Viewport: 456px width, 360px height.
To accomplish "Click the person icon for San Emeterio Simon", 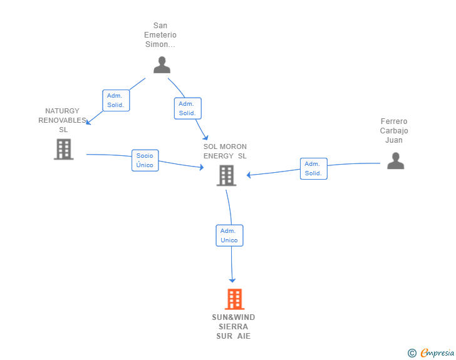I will pos(162,65).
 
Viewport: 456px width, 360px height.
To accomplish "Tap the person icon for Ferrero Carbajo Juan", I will pos(395,161).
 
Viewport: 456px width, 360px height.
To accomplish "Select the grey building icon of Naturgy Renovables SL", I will pos(63,149).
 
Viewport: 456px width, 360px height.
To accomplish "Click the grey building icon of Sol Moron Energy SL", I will pos(226,175).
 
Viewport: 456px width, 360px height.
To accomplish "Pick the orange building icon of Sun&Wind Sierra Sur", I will pos(234,299).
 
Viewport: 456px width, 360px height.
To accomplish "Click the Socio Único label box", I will pos(145,160).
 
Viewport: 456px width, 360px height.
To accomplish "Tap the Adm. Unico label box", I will pos(229,235).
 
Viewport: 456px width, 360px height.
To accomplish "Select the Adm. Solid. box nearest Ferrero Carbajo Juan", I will pos(313,168).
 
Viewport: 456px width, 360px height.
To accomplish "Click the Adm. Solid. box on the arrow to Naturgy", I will pos(116,100).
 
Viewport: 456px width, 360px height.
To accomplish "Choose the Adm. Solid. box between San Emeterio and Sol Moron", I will pos(187,108).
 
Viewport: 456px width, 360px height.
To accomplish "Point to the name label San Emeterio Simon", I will pos(160,35).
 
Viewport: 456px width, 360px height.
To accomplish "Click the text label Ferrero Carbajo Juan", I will pos(394,131).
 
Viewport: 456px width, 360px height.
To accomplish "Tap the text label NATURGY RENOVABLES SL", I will pos(63,120).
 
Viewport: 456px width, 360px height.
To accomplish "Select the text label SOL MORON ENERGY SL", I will pos(225,152).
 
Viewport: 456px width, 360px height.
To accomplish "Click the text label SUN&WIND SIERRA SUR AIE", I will pos(234,327).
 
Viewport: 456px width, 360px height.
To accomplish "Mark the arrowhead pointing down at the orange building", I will pos(232,280).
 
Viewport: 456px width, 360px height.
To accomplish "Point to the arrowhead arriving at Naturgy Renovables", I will pos(88,122).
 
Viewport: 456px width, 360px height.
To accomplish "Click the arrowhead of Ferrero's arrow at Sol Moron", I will pos(249,175).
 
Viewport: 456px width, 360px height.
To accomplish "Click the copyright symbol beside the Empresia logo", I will pos(412,353).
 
